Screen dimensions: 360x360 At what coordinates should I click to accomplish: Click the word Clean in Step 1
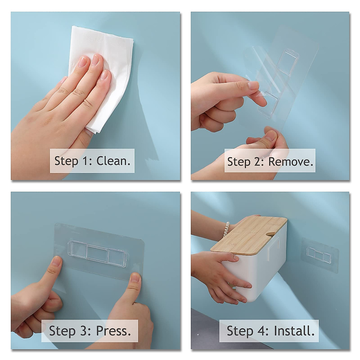click(113, 161)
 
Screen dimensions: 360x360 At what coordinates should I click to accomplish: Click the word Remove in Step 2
click(290, 162)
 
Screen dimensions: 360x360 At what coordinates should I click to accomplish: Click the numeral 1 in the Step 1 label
click(85, 161)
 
